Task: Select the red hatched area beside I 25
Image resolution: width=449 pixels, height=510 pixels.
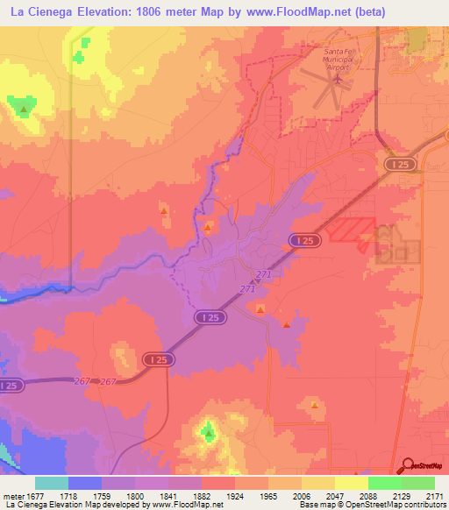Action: [350, 229]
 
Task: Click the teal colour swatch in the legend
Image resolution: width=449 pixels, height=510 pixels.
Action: [51, 483]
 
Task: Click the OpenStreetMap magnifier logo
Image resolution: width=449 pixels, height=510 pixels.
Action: [407, 465]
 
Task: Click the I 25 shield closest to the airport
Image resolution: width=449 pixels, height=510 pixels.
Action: [399, 164]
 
